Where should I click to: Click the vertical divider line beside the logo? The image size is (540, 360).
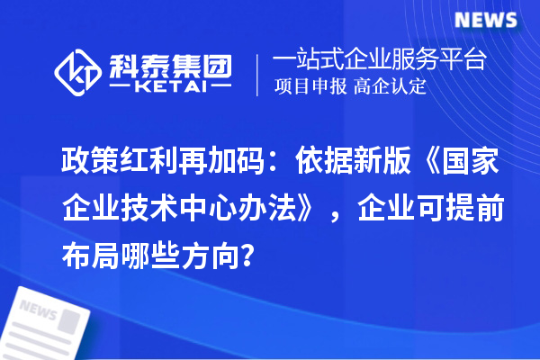coord(259,75)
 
